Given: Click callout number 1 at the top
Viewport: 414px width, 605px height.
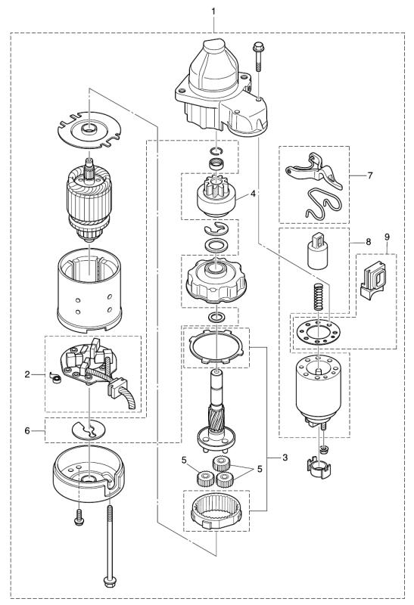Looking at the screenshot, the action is (x=213, y=11).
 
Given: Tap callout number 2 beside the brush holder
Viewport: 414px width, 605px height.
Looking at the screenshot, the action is (x=27, y=374).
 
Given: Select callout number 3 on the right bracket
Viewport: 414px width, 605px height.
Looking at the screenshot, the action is (x=285, y=458).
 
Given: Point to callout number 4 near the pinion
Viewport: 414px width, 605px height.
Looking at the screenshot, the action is (x=253, y=194).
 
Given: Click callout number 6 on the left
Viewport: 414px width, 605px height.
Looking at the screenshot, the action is (x=27, y=430).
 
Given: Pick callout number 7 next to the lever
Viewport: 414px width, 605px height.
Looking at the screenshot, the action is (x=370, y=175).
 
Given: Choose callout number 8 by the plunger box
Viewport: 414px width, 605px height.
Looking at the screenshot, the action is (x=368, y=242).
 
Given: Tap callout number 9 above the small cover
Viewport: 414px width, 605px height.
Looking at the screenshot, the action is (x=387, y=237).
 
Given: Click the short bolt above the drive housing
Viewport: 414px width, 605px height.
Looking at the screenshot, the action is (x=257, y=57).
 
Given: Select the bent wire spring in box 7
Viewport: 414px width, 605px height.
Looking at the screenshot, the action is (x=323, y=203).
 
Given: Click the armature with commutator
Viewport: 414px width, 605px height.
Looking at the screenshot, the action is (x=89, y=200).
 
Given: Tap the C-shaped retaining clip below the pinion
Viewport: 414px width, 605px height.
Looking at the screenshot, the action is (x=216, y=229).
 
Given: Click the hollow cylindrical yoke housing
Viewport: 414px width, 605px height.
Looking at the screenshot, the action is (x=89, y=290).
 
